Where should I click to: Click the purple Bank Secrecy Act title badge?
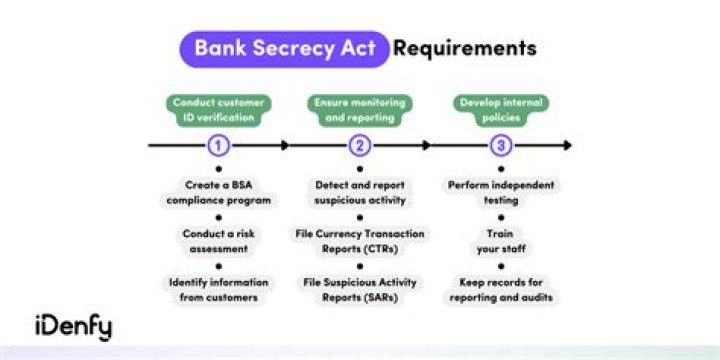(284, 48)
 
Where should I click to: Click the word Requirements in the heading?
(464, 48)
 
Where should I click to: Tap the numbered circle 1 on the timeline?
(219, 146)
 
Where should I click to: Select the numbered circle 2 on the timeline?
(360, 146)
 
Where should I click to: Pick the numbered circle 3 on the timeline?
(502, 146)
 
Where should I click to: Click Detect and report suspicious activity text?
(360, 192)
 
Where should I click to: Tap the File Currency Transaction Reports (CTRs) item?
(360, 241)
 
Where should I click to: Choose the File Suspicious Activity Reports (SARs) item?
(360, 290)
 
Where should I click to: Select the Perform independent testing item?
(502, 192)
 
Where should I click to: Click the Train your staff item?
(502, 241)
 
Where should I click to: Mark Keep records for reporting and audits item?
(502, 290)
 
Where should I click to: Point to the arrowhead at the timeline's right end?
(567, 146)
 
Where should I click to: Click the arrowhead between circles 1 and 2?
(285, 146)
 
